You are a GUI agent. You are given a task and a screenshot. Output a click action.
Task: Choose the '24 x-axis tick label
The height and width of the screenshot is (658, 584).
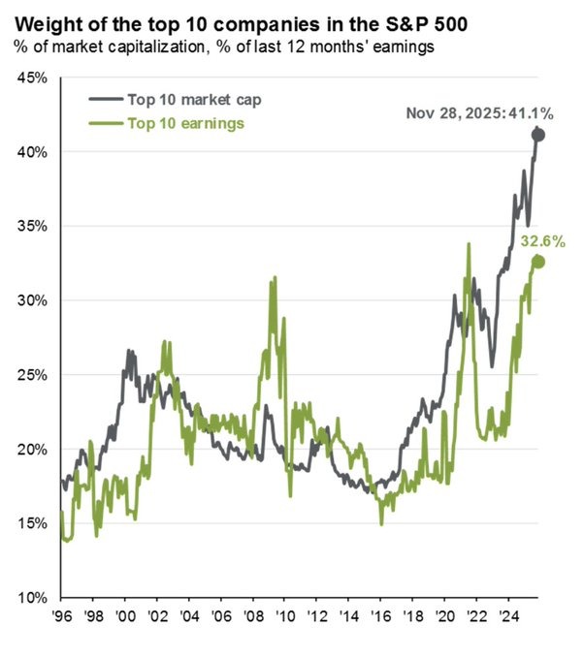506,615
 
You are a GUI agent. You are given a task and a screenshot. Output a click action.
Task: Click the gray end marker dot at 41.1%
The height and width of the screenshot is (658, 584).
538,136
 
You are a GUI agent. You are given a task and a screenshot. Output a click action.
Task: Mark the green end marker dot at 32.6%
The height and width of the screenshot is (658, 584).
538,262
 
